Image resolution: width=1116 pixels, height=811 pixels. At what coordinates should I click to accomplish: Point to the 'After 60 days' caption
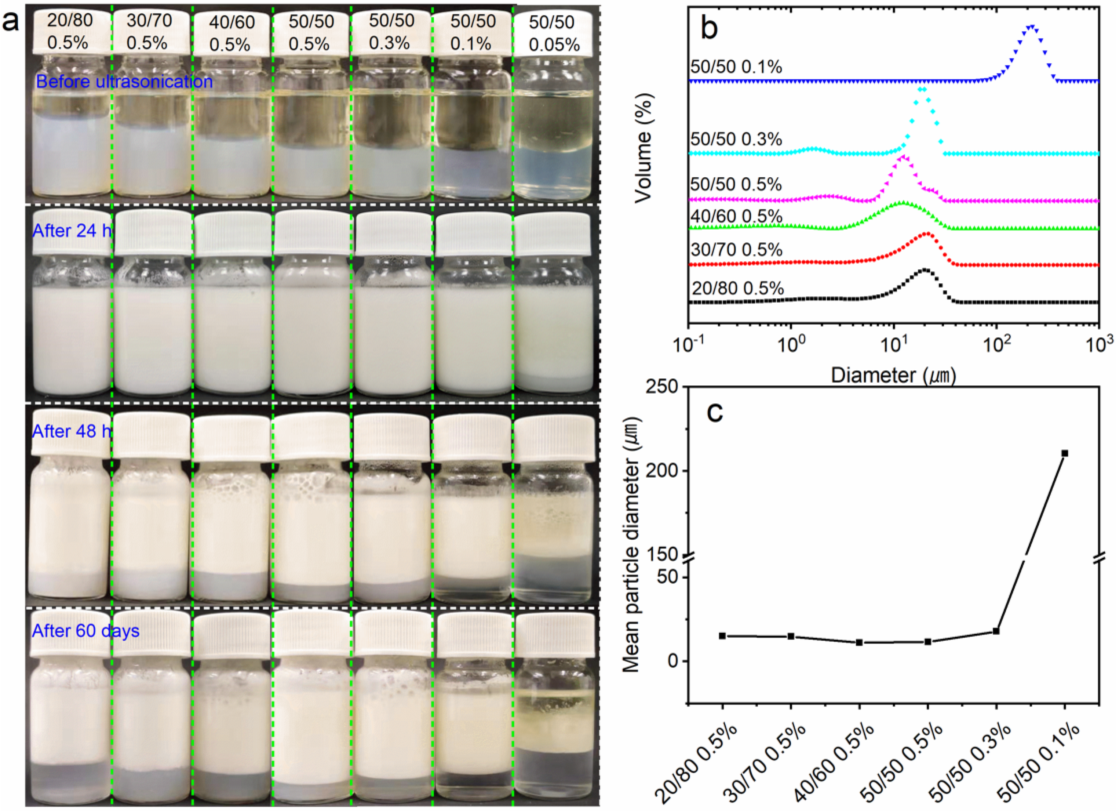[85, 631]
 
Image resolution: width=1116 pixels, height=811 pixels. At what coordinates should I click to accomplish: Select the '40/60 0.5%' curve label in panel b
[736, 216]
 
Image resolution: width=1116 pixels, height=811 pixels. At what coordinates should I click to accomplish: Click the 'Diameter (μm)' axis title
[893, 376]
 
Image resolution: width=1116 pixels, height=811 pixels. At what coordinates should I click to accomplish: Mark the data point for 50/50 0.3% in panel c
[996, 631]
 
